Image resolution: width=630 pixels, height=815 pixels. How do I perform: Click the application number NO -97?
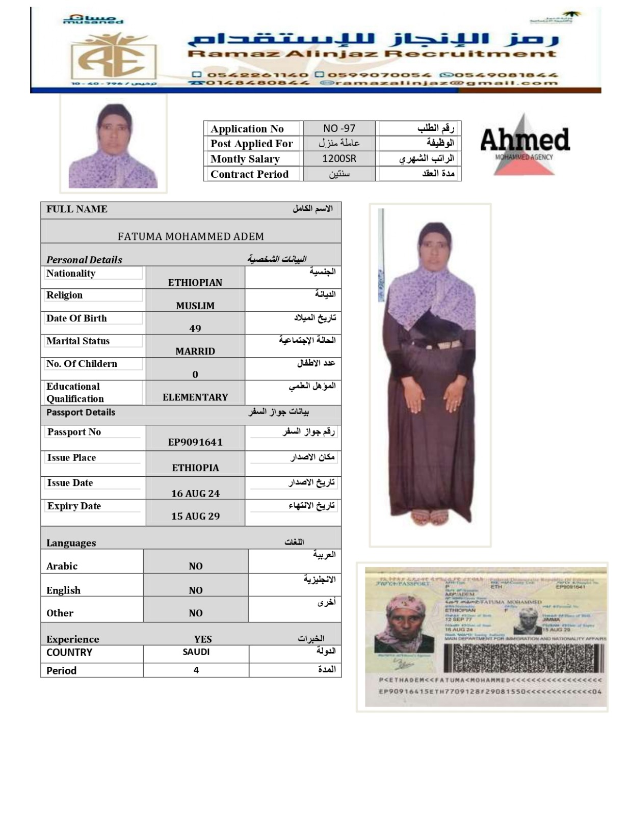(x=339, y=128)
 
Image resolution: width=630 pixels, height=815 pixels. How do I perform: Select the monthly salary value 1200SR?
(x=339, y=158)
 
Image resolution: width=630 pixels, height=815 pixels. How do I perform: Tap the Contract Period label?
(x=249, y=174)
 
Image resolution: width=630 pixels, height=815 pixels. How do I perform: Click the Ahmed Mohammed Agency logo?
(x=524, y=144)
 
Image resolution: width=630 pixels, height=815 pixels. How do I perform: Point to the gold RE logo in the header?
(x=114, y=58)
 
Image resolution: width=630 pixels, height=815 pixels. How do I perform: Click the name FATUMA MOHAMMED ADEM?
(x=191, y=236)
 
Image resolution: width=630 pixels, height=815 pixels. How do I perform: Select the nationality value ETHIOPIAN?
(x=195, y=283)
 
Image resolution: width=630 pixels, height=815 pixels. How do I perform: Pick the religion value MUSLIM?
(x=195, y=306)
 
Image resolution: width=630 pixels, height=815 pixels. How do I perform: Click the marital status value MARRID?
(x=195, y=351)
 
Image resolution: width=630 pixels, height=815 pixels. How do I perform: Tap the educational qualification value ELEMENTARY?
(x=195, y=397)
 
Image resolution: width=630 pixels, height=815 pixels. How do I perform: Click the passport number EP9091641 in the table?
(x=195, y=442)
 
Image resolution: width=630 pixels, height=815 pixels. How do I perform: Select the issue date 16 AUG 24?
(x=195, y=493)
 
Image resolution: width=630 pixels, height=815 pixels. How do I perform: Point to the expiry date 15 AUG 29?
(x=195, y=516)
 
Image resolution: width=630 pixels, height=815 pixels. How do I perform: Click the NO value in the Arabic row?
(x=196, y=566)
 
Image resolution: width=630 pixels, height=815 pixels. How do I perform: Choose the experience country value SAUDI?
(x=196, y=652)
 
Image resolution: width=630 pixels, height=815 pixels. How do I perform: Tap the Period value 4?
(x=196, y=670)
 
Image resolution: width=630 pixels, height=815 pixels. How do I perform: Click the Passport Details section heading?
(x=81, y=413)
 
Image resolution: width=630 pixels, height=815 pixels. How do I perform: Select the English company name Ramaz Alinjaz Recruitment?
(x=372, y=54)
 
